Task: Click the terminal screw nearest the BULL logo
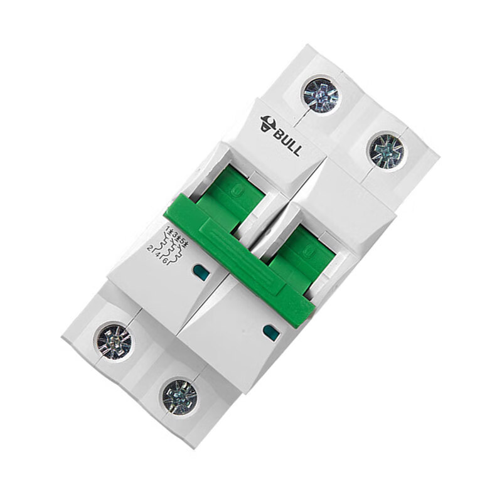tap(321, 95)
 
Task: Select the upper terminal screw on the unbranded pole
tap(385, 151)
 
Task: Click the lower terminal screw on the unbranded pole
tap(180, 395)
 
